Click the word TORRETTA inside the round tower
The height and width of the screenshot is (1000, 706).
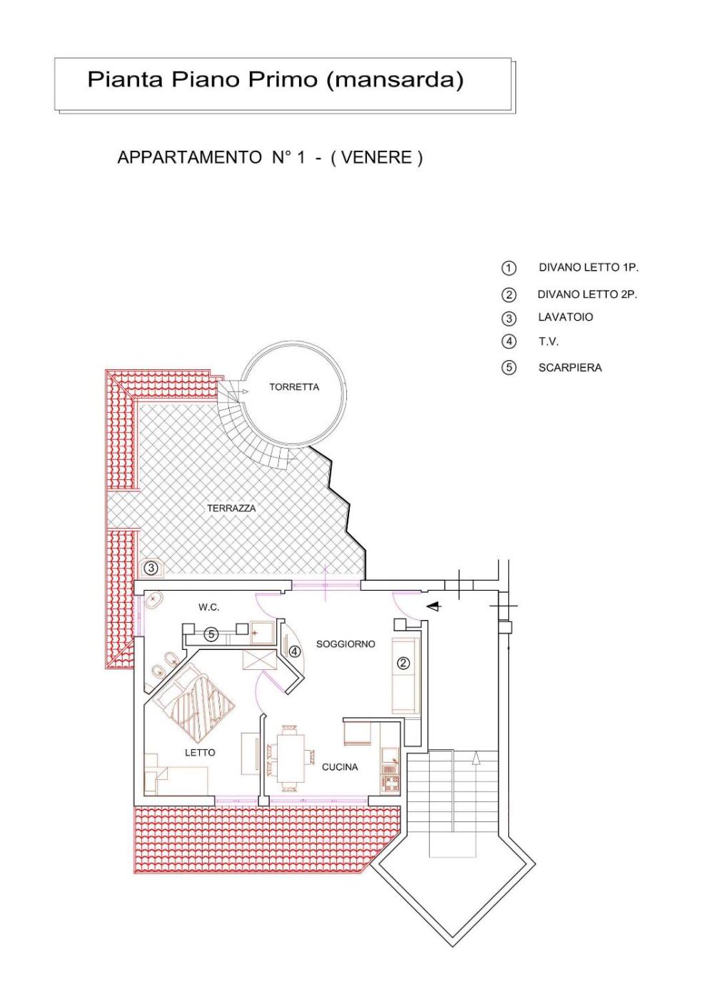(294, 387)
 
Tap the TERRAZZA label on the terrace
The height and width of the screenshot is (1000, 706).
(231, 508)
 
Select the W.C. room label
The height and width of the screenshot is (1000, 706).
(209, 607)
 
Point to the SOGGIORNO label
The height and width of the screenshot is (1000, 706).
(346, 644)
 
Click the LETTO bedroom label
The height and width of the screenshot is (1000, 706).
(200, 752)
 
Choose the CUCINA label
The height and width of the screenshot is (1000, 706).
(340, 767)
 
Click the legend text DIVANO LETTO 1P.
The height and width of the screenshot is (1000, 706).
(589, 267)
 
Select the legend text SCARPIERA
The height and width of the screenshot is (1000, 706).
(570, 367)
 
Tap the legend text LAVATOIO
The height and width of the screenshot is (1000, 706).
(565, 317)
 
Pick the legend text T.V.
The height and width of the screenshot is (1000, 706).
(548, 341)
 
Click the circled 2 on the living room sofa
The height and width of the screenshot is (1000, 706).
(403, 663)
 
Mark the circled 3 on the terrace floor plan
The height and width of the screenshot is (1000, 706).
(152, 569)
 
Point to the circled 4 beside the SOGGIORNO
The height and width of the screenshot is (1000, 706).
(295, 651)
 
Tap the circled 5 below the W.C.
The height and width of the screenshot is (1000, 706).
(211, 634)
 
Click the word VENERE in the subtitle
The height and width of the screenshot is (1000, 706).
(376, 158)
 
